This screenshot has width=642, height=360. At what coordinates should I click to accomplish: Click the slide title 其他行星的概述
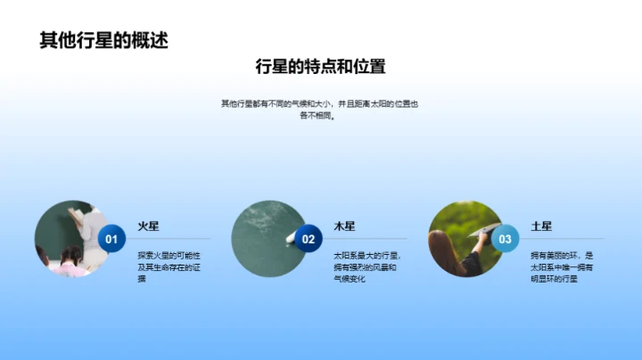103,40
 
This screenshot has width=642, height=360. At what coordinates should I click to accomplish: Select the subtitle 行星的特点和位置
320,68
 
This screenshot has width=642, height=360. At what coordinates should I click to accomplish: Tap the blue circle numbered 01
111,239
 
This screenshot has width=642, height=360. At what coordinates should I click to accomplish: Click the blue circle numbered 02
309,239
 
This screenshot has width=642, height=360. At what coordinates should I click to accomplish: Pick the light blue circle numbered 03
505,239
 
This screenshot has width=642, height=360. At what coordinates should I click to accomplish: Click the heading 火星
148,226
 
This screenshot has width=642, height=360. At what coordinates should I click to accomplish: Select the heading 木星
344,226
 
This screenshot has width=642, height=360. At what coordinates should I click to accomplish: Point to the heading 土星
541,226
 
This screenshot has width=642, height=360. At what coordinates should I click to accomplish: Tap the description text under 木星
366,266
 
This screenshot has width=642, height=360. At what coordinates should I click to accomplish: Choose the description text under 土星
562,266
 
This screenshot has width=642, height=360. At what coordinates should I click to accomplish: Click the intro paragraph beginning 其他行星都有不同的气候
320,110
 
